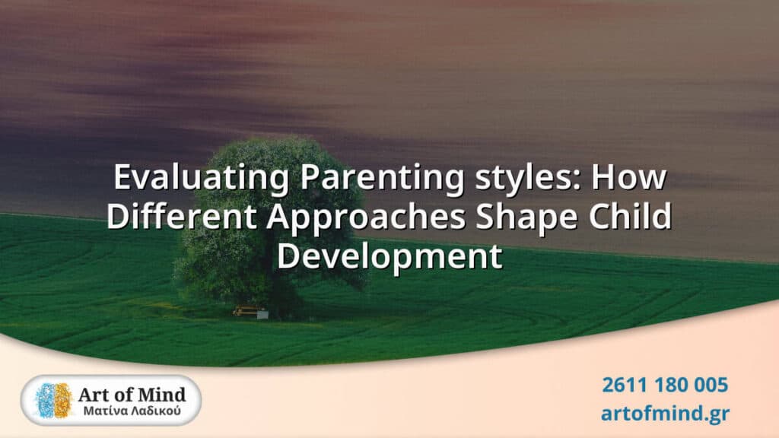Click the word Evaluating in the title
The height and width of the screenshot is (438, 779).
[201, 177]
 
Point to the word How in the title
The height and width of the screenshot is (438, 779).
[628, 177]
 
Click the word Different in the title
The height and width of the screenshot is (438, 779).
[182, 217]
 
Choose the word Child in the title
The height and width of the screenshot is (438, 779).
[630, 217]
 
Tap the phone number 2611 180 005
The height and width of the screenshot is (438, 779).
[665, 385]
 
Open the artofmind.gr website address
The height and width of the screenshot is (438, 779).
[665, 413]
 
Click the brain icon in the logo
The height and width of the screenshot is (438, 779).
[54, 400]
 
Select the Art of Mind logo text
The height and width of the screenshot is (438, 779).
[132, 395]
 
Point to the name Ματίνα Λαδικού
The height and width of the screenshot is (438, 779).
[132, 411]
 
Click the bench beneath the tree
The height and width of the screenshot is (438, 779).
[251, 312]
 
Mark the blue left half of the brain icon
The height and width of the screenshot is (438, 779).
[45, 400]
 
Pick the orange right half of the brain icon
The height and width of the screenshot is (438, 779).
[63, 400]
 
